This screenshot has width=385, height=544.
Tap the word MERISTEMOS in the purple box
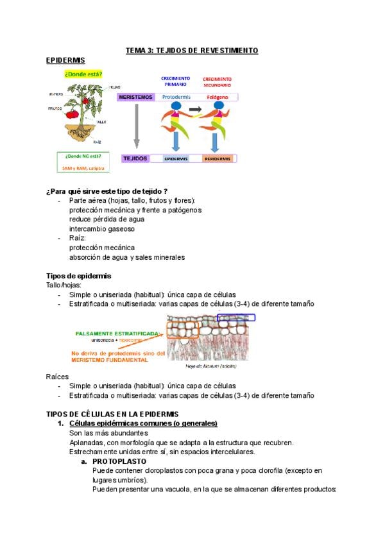(136, 97)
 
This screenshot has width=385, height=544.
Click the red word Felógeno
(218, 97)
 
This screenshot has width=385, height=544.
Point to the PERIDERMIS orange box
(218, 158)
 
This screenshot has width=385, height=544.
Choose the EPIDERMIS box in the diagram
(176, 158)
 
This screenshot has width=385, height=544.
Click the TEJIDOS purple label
(135, 158)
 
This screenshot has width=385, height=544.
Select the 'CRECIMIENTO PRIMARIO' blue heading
(175, 81)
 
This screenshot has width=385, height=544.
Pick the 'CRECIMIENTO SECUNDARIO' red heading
(218, 81)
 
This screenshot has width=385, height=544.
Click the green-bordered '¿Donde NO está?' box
(83, 162)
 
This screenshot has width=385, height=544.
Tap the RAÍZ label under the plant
(97, 142)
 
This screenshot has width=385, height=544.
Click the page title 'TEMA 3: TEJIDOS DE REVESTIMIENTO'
(191, 50)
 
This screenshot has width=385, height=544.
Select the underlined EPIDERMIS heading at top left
(65, 60)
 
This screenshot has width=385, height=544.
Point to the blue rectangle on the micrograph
(236, 317)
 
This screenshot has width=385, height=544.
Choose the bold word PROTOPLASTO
(119, 461)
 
